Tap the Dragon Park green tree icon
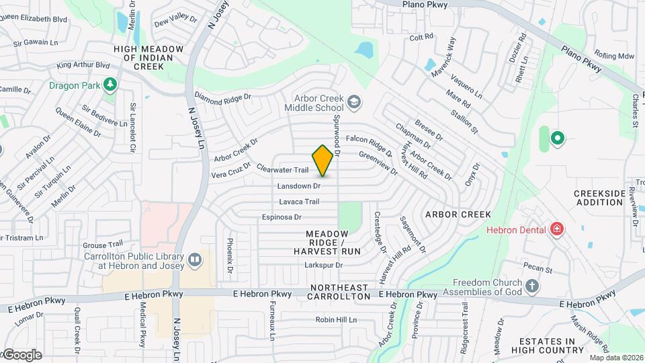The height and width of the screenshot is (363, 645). (110, 85)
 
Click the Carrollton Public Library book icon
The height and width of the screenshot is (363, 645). (195, 259)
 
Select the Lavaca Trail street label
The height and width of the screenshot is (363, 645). (299, 202)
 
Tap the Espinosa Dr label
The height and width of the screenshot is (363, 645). (282, 217)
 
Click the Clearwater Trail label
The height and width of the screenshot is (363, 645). (283, 170)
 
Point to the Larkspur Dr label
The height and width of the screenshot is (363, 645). (325, 265)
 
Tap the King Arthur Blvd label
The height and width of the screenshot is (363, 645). (83, 65)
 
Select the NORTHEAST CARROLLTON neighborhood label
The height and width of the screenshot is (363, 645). (340, 291)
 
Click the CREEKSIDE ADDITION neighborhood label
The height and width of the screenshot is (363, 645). (599, 198)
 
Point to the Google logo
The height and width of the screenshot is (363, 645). (21, 355)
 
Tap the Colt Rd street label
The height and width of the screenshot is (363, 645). (421, 38)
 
